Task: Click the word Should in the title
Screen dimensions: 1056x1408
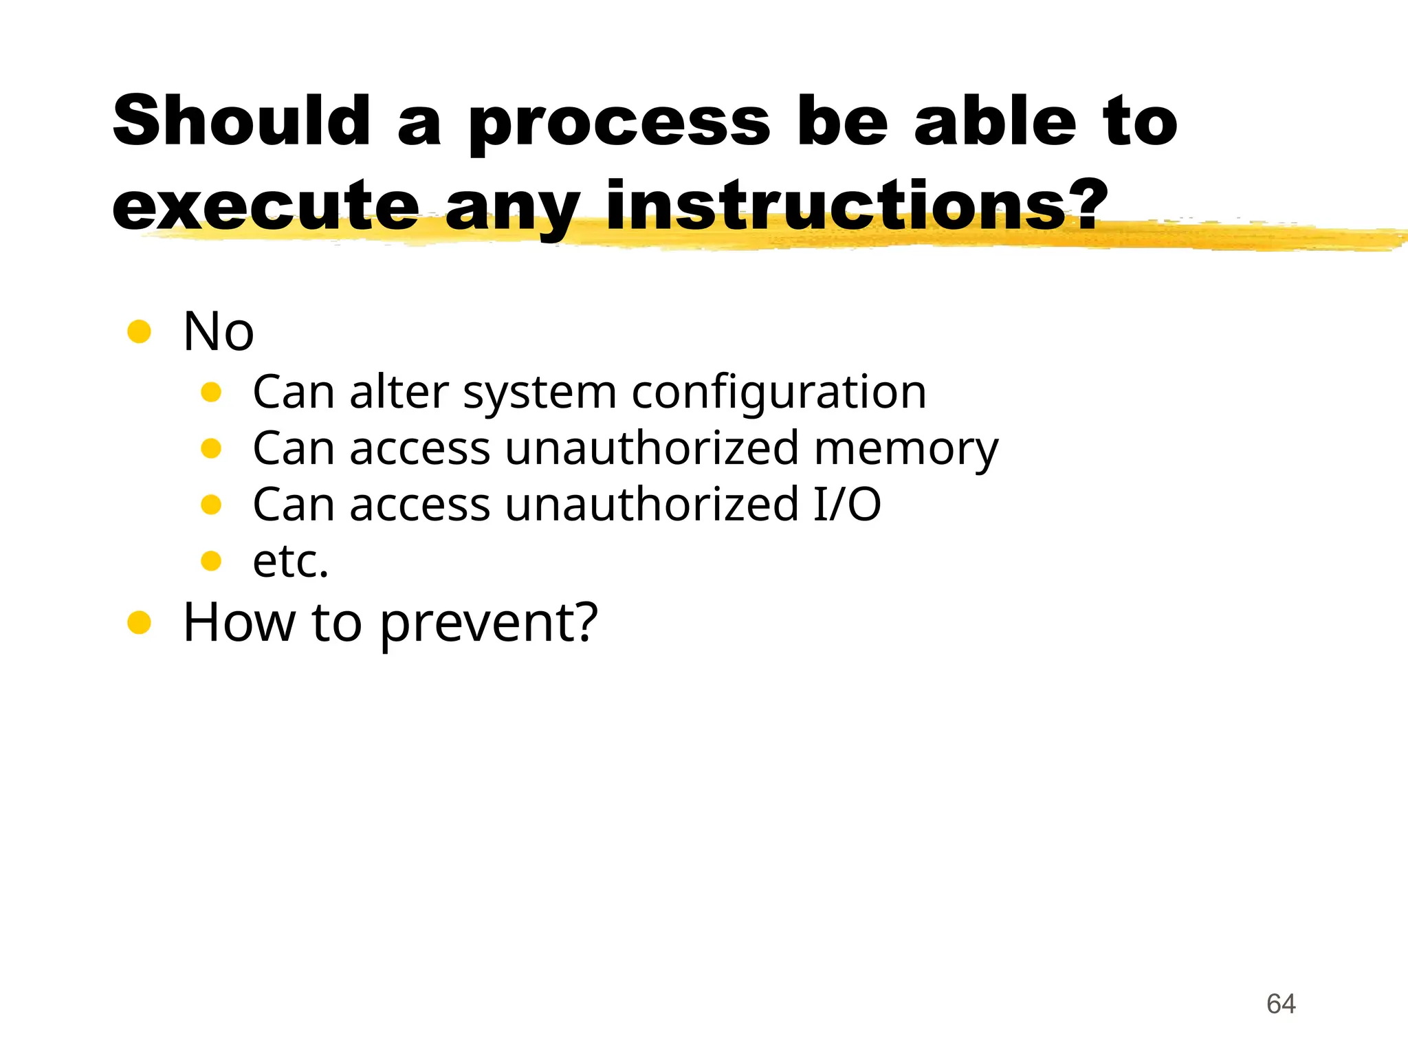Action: [x=242, y=122]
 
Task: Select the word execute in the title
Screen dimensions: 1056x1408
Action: [x=265, y=206]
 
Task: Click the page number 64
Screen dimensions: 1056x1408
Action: [x=1281, y=1004]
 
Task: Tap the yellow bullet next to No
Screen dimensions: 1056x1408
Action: [x=139, y=332]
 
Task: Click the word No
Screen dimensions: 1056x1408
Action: [x=219, y=332]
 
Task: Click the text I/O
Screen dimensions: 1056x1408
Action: [x=847, y=505]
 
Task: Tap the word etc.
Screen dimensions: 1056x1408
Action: [x=290, y=561]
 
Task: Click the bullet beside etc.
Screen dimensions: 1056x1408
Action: [x=211, y=561]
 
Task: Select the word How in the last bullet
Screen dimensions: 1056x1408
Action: [x=238, y=622]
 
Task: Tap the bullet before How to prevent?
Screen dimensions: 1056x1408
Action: [x=139, y=622]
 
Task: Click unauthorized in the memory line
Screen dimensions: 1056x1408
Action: [x=652, y=448]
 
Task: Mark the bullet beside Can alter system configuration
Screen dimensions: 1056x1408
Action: [x=211, y=392]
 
